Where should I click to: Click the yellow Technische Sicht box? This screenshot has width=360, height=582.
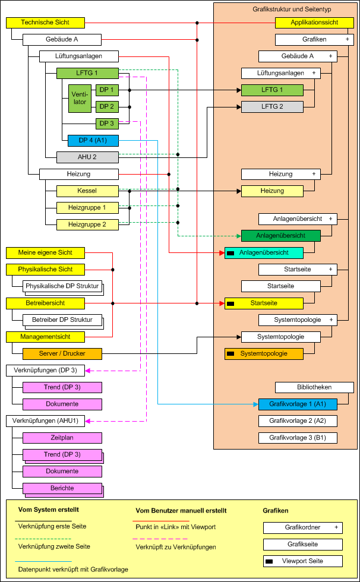tap(45, 23)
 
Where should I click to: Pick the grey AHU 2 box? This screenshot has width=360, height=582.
tap(87, 157)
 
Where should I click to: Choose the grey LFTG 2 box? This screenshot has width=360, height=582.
tap(272, 107)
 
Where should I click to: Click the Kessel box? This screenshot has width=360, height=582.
tap(87, 191)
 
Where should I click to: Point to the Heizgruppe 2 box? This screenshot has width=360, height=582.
tap(87, 224)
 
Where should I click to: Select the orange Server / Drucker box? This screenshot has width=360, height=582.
tap(62, 354)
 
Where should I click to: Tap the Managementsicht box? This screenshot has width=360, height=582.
tap(45, 337)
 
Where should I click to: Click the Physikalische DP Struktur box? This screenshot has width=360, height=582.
tap(62, 286)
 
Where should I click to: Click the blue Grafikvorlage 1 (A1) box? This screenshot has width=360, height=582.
tap(298, 404)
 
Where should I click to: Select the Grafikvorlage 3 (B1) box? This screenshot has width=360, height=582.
tap(298, 438)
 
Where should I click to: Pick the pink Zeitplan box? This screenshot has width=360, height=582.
tap(62, 438)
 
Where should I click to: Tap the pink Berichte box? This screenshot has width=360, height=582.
tap(62, 488)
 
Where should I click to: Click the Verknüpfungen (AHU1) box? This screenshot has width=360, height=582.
tap(45, 421)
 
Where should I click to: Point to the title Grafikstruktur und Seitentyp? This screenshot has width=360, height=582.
tap(286, 9)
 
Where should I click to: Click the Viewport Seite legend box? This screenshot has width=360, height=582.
tap(303, 561)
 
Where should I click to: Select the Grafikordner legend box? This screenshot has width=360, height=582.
tap(303, 527)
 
